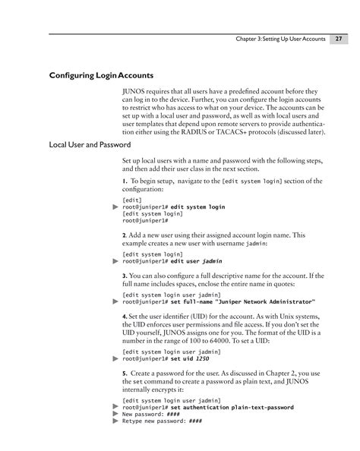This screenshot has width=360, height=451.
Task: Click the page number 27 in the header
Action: point(339,39)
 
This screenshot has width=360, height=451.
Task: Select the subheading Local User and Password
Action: point(85,144)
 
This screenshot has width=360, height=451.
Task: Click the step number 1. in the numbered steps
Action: point(125,181)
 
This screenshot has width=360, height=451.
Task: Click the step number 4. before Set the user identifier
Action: point(125,315)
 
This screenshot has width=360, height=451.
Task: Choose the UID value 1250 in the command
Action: point(202,359)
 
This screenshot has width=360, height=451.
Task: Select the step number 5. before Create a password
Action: point(125,374)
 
